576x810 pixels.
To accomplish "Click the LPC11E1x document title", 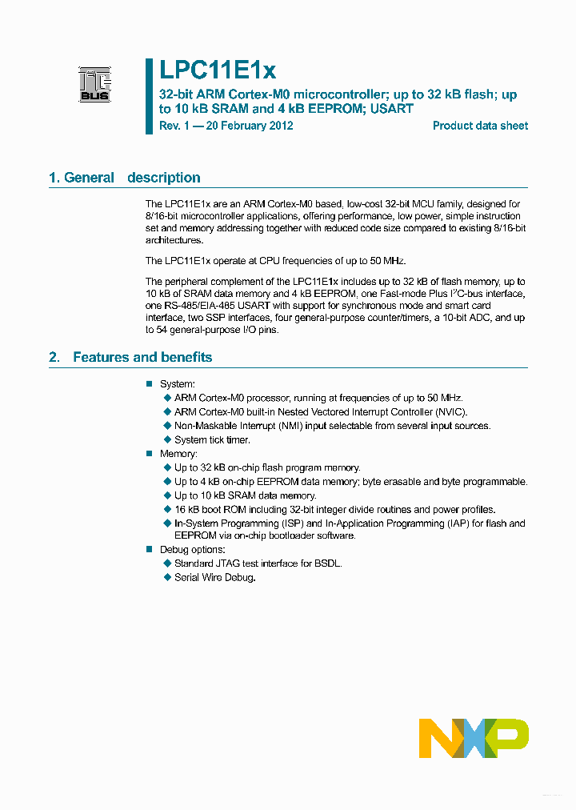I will click(211, 71).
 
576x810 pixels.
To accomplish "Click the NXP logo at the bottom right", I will click(474, 737).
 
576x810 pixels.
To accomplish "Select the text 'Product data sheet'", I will click(480, 126).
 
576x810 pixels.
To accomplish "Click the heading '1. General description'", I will click(125, 178).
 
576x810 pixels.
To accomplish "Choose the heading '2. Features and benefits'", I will click(130, 357).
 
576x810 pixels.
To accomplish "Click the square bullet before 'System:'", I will click(149, 384).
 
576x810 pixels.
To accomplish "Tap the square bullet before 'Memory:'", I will click(149, 454).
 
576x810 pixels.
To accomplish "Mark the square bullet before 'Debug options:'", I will click(149, 550).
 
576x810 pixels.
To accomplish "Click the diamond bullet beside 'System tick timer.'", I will click(167, 439).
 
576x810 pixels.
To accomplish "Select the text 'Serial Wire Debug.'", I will click(215, 578).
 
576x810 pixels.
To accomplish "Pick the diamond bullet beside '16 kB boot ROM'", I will click(167, 509).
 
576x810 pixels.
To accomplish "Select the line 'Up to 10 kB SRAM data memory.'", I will click(246, 495).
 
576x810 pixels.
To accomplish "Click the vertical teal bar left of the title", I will click(149, 96).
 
